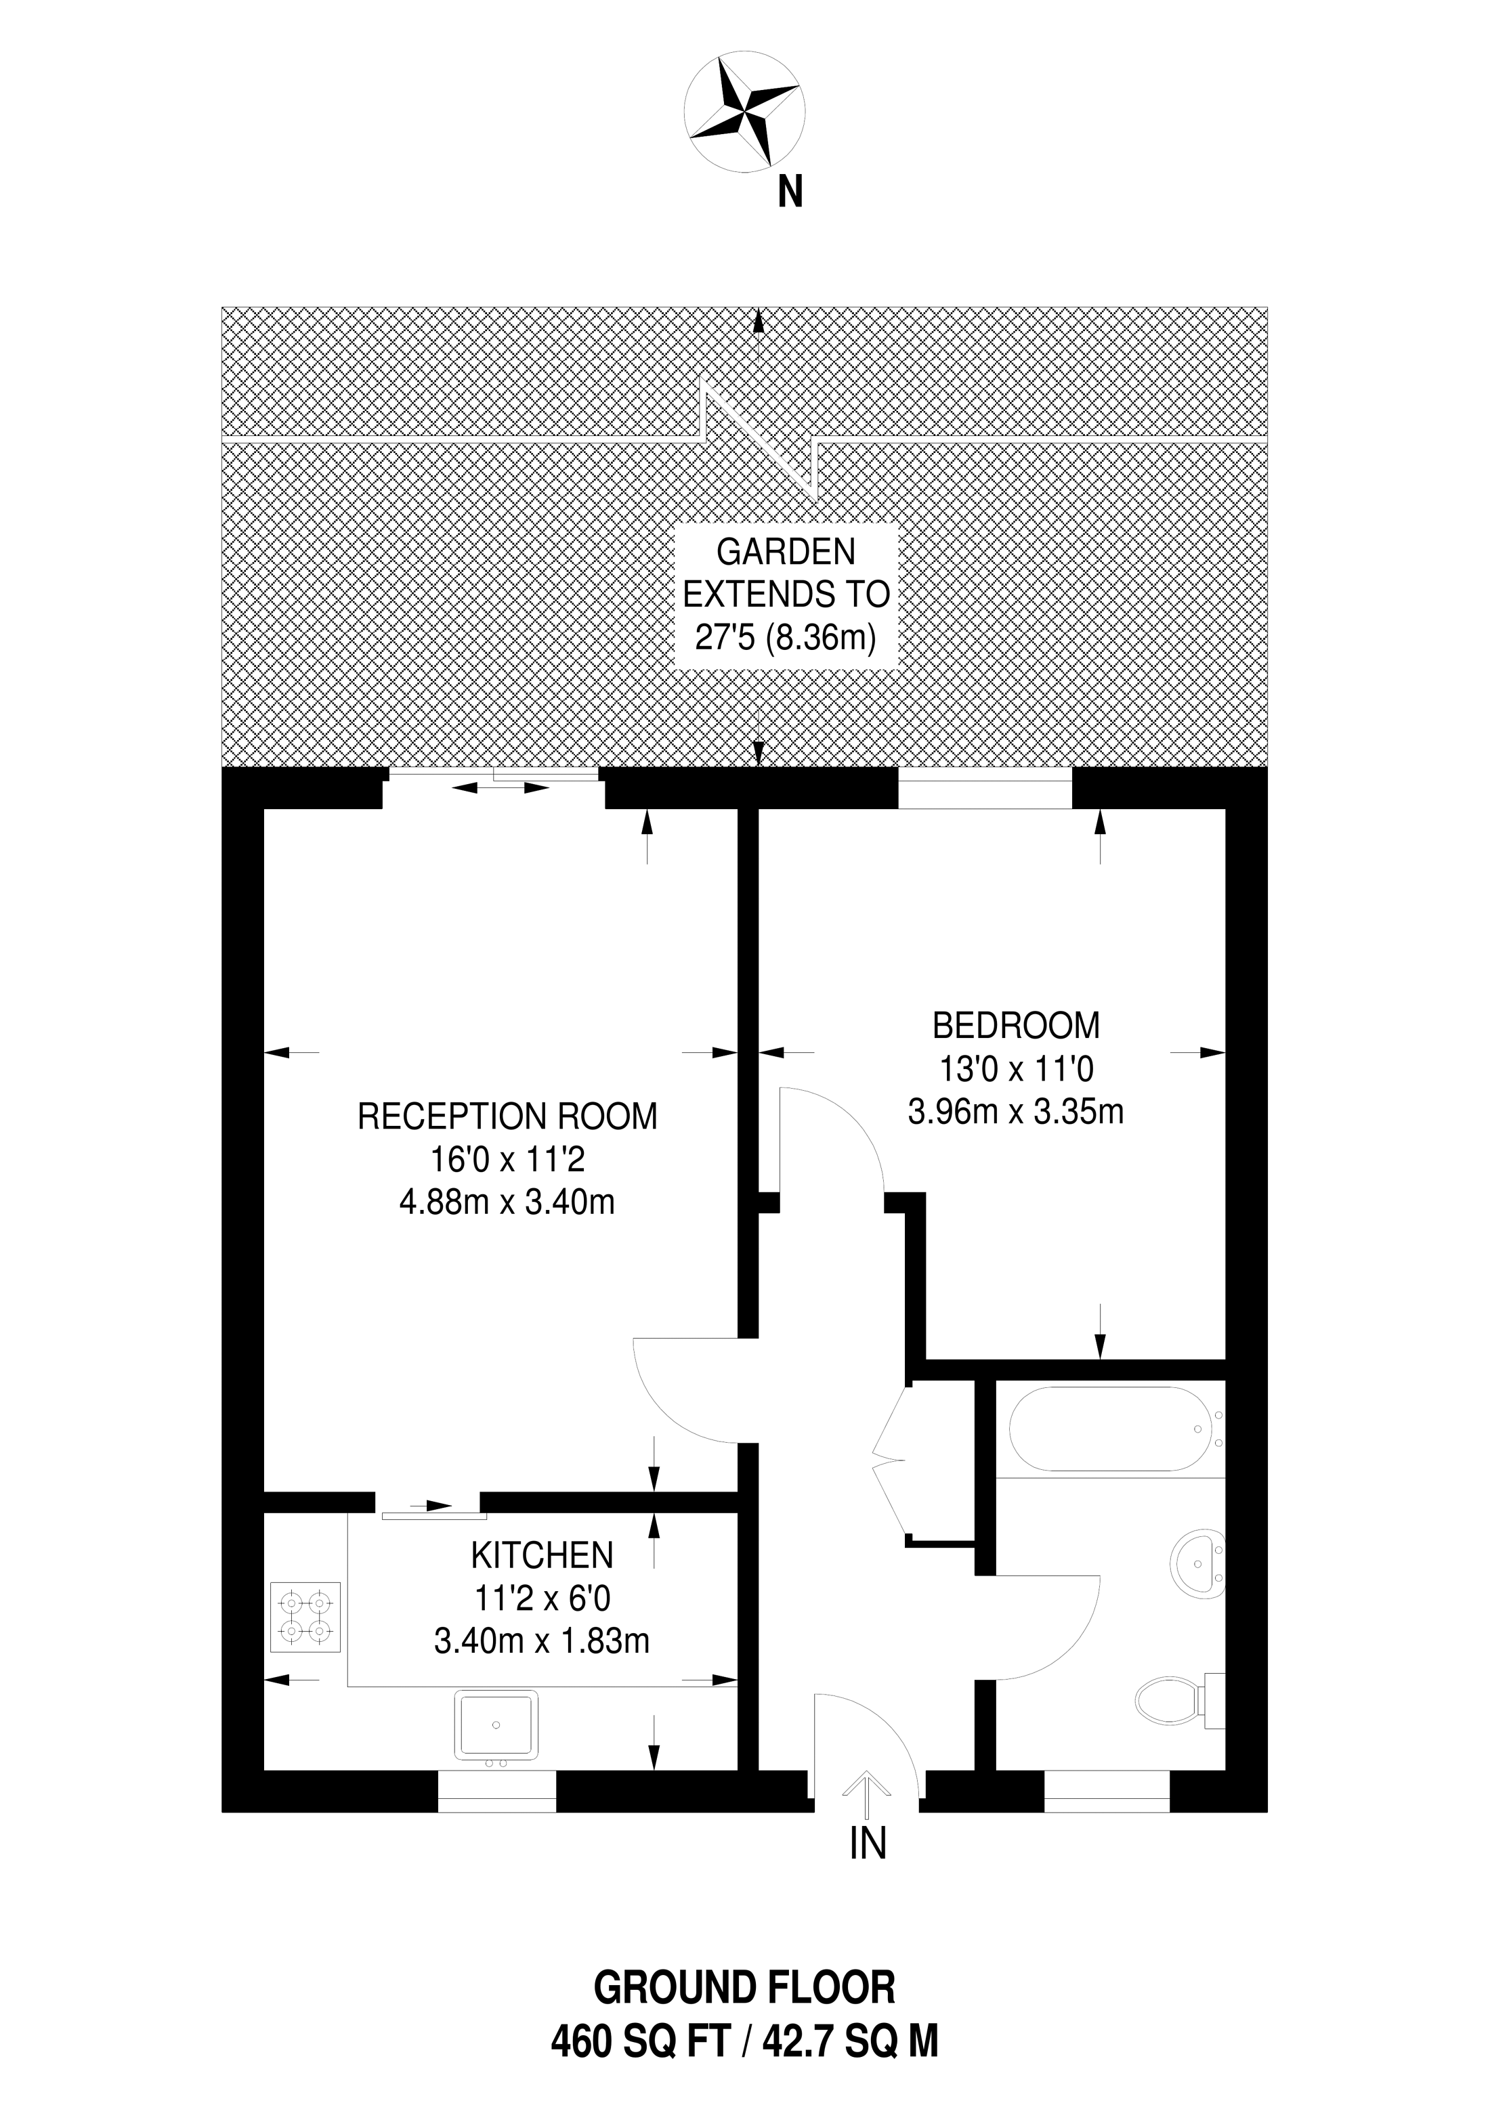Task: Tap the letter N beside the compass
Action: point(790,192)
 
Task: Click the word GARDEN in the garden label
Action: point(786,552)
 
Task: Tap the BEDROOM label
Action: point(1015,1024)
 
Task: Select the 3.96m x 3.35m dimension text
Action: point(1015,1112)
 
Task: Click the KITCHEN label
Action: point(542,1555)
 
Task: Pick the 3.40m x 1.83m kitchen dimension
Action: point(542,1641)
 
